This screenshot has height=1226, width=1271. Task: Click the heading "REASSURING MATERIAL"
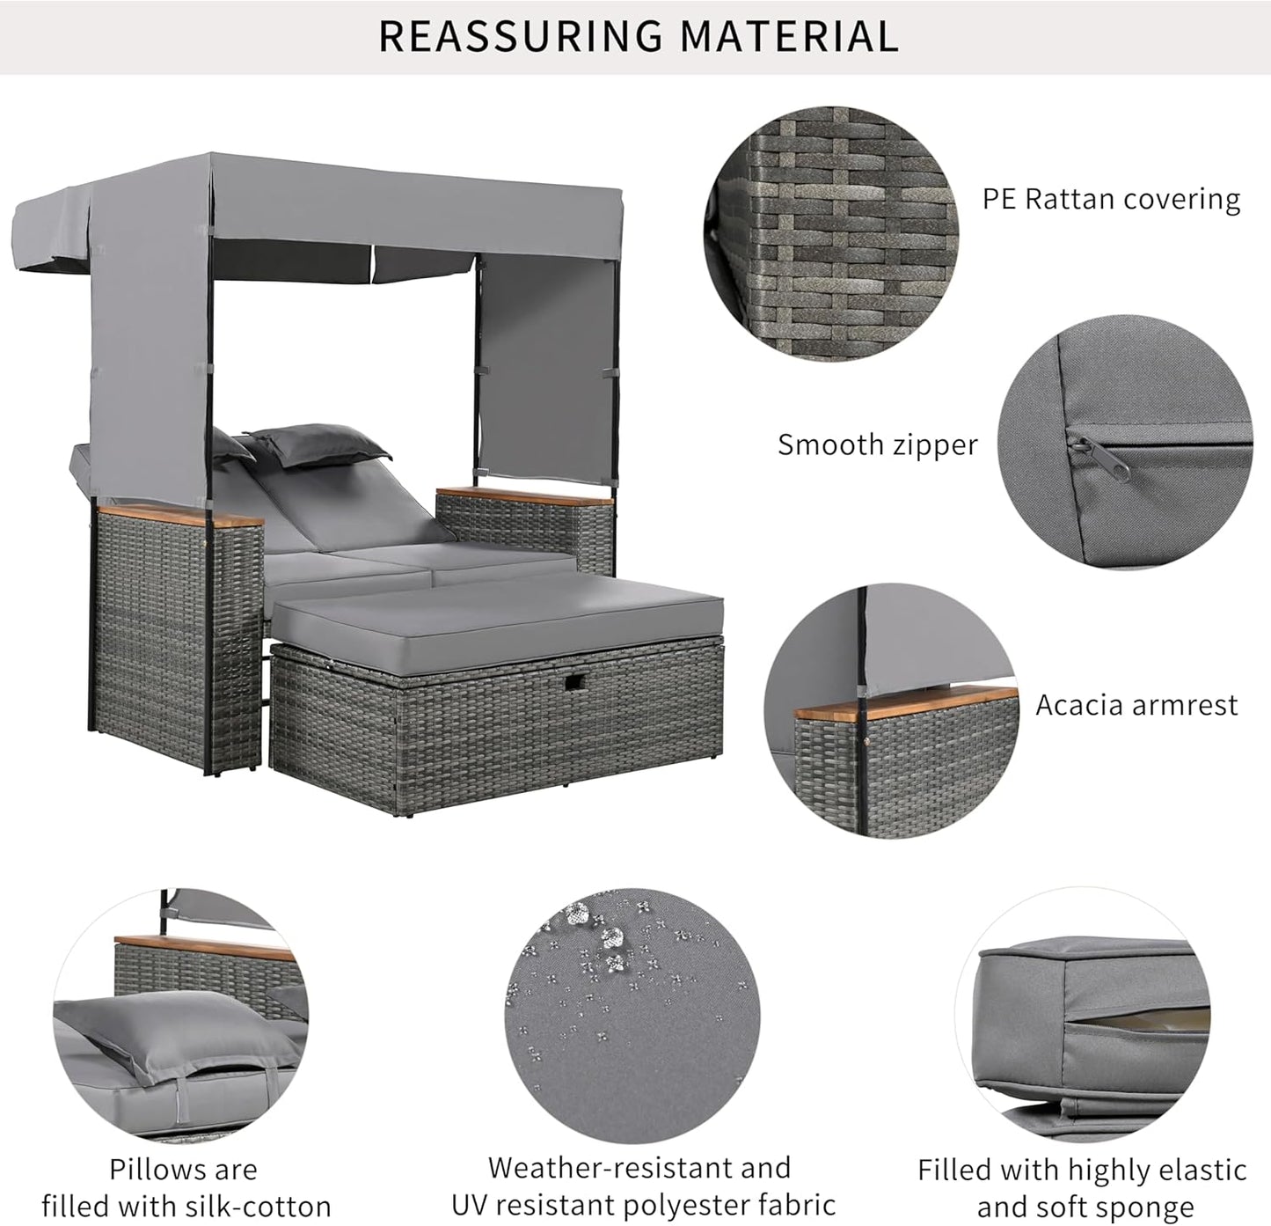tap(639, 35)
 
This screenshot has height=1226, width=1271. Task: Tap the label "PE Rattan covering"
tap(1111, 199)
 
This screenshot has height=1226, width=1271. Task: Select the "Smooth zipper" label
tap(877, 444)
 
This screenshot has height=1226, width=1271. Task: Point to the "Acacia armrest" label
tap(1136, 705)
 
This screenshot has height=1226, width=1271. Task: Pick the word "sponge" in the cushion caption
tap(1143, 1207)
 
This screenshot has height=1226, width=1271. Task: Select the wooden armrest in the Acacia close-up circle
tap(906, 701)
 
